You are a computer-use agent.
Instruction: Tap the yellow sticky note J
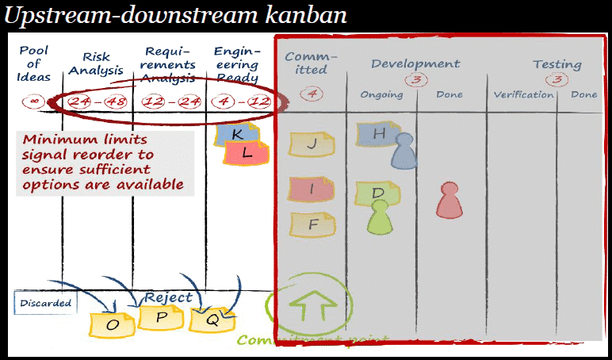point(312,144)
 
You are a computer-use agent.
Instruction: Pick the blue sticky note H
point(378,134)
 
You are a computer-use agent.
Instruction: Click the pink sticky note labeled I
point(312,190)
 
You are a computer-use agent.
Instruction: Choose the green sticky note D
point(377,193)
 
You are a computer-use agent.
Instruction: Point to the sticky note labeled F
point(312,224)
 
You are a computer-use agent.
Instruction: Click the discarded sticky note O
point(113,324)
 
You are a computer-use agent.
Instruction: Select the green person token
point(380,216)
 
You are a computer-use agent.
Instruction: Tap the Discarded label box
point(46,303)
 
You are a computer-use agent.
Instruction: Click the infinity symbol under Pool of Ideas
point(33,101)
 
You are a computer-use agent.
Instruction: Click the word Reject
point(168,297)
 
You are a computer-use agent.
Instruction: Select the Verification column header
point(523,95)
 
